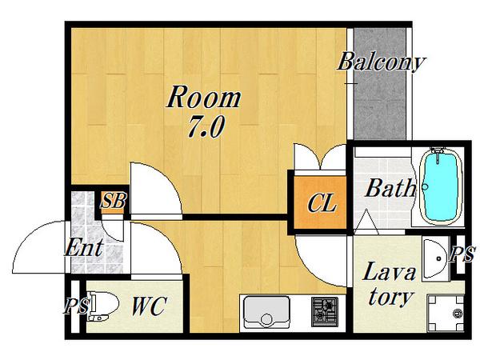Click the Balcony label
pos(381,62)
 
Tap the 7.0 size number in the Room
pos(206,126)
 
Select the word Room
pos(203,97)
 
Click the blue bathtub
pos(439,186)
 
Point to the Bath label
pos(391,188)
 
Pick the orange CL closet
pos(320,202)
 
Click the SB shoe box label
pos(114,201)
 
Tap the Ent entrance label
pos(84,247)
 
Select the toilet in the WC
pos(102,306)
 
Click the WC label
pos(149,306)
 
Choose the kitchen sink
pos(266,312)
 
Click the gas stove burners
pos(325,312)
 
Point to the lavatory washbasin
pos(435,258)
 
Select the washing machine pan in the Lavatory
pos(446,313)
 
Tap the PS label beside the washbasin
pos(462,254)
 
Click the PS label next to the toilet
pos(77,306)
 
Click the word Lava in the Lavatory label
pos(389,271)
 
